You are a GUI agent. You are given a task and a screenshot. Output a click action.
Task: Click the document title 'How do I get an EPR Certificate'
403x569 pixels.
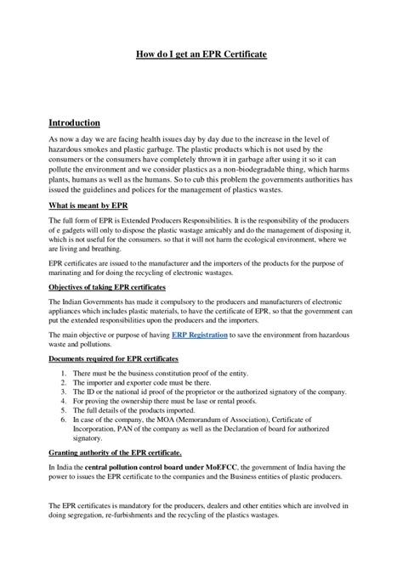tap(201, 54)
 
